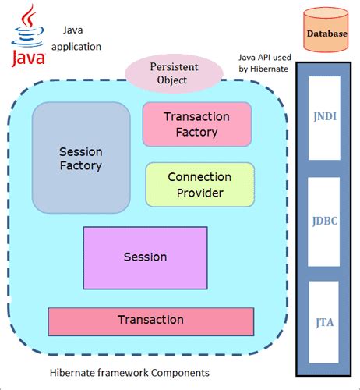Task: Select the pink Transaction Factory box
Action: click(196, 124)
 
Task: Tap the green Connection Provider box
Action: click(199, 185)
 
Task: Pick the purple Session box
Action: click(145, 257)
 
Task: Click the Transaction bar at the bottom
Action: click(150, 320)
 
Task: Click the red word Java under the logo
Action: click(28, 58)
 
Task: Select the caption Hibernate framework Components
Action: click(129, 373)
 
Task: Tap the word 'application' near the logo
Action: click(77, 47)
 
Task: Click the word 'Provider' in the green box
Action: click(199, 193)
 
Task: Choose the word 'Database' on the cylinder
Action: click(327, 34)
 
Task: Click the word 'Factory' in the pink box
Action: click(196, 132)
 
